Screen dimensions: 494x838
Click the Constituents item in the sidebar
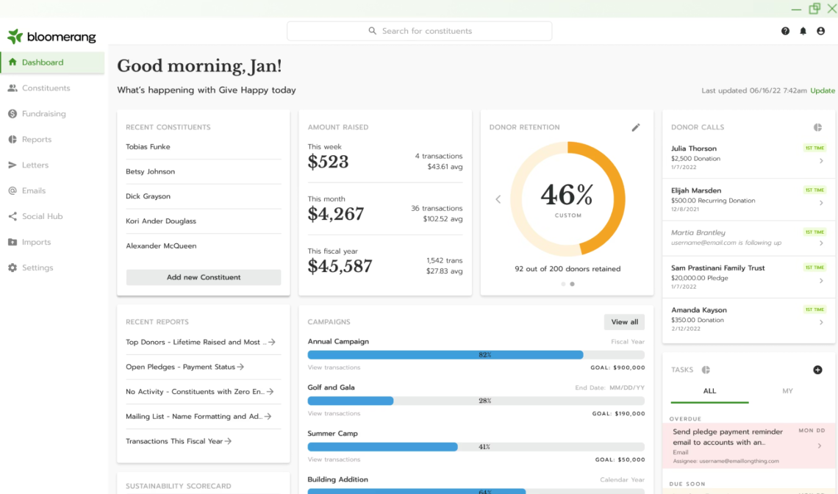46,88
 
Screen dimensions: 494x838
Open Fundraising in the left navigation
43,114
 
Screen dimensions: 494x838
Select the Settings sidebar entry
37,268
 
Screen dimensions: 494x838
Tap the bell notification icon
803,31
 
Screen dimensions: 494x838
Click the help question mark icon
785,31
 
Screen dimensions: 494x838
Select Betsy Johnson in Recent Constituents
150,171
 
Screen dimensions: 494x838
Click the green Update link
823,90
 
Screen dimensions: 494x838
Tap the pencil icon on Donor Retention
636,127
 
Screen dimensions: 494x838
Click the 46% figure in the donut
567,195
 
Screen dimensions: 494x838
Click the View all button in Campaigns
624,322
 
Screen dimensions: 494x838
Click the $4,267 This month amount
336,214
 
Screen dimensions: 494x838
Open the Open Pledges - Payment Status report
185,367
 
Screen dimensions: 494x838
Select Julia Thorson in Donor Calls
693,148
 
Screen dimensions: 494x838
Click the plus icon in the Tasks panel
817,370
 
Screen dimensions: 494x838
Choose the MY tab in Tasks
787,391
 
